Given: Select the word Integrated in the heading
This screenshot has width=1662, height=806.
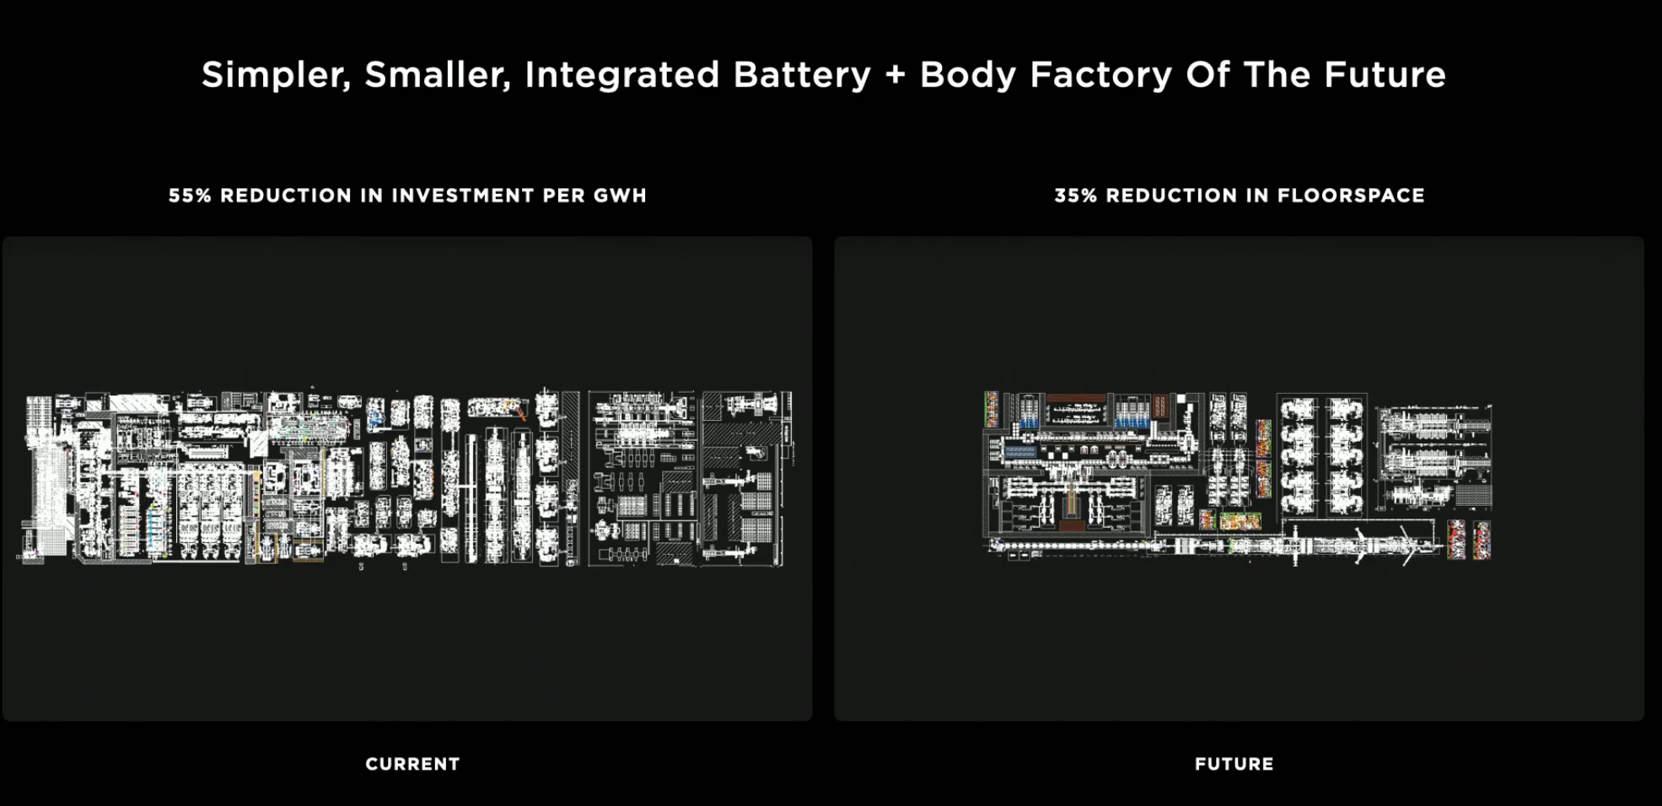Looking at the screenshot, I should tap(621, 75).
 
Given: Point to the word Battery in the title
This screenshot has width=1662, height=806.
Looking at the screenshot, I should tap(801, 74).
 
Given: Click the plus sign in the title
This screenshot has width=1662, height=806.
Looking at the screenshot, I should tap(895, 75).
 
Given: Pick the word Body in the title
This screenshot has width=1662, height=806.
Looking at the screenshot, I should tap(966, 75).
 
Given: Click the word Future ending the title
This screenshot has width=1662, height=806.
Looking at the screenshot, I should tap(1385, 74).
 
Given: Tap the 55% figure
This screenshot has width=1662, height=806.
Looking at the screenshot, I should tap(189, 196).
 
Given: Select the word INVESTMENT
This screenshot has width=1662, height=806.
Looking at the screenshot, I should tap(462, 196).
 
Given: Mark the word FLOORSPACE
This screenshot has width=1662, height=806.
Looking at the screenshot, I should tap(1351, 196).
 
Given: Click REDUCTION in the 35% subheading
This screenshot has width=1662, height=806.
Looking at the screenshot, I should tap(1166, 196).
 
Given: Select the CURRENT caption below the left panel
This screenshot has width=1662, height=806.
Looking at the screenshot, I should tap(412, 764).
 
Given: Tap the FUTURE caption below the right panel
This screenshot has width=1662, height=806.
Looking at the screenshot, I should tap(1234, 764).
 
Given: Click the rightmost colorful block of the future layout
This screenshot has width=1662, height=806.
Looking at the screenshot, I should tap(1481, 540).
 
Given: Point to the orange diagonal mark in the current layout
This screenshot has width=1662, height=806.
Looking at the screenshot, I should tap(520, 412).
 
